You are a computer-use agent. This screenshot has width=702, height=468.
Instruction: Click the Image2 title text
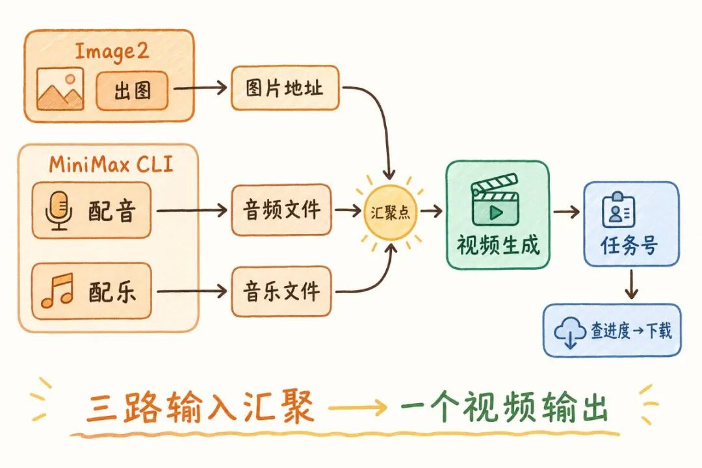click(111, 52)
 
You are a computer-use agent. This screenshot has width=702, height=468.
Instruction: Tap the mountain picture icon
click(60, 89)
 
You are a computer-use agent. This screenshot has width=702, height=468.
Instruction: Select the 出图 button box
click(132, 90)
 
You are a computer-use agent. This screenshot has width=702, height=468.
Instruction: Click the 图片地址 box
click(285, 88)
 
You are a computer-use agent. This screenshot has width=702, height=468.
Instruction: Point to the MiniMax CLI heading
click(111, 164)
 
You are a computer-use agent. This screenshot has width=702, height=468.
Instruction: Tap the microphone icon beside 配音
click(58, 211)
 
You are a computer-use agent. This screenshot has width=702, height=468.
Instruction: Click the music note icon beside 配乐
click(57, 291)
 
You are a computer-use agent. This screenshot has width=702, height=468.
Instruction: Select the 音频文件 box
click(281, 210)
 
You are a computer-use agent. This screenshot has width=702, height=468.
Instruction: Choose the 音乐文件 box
click(281, 291)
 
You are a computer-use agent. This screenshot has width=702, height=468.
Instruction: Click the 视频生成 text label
click(497, 245)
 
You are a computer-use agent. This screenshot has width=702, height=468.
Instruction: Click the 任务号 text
click(629, 246)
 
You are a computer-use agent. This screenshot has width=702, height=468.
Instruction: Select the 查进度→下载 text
click(630, 331)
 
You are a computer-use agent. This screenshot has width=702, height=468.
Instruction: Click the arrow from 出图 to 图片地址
click(200, 88)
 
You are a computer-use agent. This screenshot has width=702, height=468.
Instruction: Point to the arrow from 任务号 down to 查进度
click(631, 283)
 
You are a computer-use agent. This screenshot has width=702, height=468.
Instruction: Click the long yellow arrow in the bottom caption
click(358, 409)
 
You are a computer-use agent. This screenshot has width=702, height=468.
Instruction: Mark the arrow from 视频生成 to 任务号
click(566, 211)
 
